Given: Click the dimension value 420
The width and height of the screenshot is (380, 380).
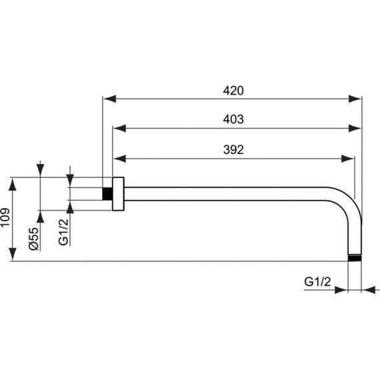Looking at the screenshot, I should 231,90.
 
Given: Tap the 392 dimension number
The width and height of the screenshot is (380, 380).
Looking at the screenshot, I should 231,150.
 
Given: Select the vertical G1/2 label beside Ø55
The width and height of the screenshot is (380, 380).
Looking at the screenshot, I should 63,231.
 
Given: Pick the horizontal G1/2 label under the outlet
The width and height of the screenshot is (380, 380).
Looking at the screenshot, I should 317,282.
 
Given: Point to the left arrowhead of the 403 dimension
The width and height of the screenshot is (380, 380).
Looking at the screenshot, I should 118,128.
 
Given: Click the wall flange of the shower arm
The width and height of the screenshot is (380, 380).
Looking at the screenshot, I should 118,194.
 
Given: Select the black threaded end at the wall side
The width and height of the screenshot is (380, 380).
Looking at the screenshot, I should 107,194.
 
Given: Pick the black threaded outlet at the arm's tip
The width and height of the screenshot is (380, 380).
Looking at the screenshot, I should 357,257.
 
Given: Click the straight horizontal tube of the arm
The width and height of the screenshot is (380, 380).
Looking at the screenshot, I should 227,194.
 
